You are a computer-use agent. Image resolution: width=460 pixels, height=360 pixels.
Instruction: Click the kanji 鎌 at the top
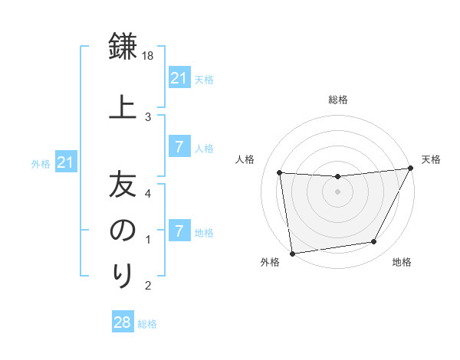123,46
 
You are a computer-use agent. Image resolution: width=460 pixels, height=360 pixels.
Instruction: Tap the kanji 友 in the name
123,184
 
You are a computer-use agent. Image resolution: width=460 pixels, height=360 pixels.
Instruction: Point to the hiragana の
123,230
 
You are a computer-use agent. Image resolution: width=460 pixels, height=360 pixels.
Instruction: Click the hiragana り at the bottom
123,275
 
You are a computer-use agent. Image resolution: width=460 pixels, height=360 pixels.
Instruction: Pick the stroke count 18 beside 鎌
147,56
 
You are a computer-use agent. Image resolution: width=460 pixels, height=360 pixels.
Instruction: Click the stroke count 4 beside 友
148,194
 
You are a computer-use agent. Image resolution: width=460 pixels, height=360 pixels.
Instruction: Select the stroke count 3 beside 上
148,117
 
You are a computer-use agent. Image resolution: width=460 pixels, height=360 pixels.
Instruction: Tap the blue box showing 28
123,321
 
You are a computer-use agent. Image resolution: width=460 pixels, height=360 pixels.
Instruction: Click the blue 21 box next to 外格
66,162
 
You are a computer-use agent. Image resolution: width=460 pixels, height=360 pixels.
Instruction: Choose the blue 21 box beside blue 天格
179,77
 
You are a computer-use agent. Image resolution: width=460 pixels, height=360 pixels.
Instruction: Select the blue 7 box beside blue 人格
179,146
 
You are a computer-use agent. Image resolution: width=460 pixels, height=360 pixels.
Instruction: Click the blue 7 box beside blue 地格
179,230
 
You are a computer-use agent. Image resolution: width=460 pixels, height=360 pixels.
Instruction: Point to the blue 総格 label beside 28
147,324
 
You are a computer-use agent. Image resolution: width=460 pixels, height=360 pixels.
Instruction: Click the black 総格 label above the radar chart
338,100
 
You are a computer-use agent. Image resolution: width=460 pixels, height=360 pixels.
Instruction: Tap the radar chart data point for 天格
411,168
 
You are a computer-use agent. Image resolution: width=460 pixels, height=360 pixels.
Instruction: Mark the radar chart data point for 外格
293,254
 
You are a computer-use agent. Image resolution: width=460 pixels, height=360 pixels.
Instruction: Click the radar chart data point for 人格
280,172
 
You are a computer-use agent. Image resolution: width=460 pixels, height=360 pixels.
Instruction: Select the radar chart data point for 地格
374,241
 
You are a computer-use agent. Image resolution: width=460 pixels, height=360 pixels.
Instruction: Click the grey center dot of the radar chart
337,191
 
